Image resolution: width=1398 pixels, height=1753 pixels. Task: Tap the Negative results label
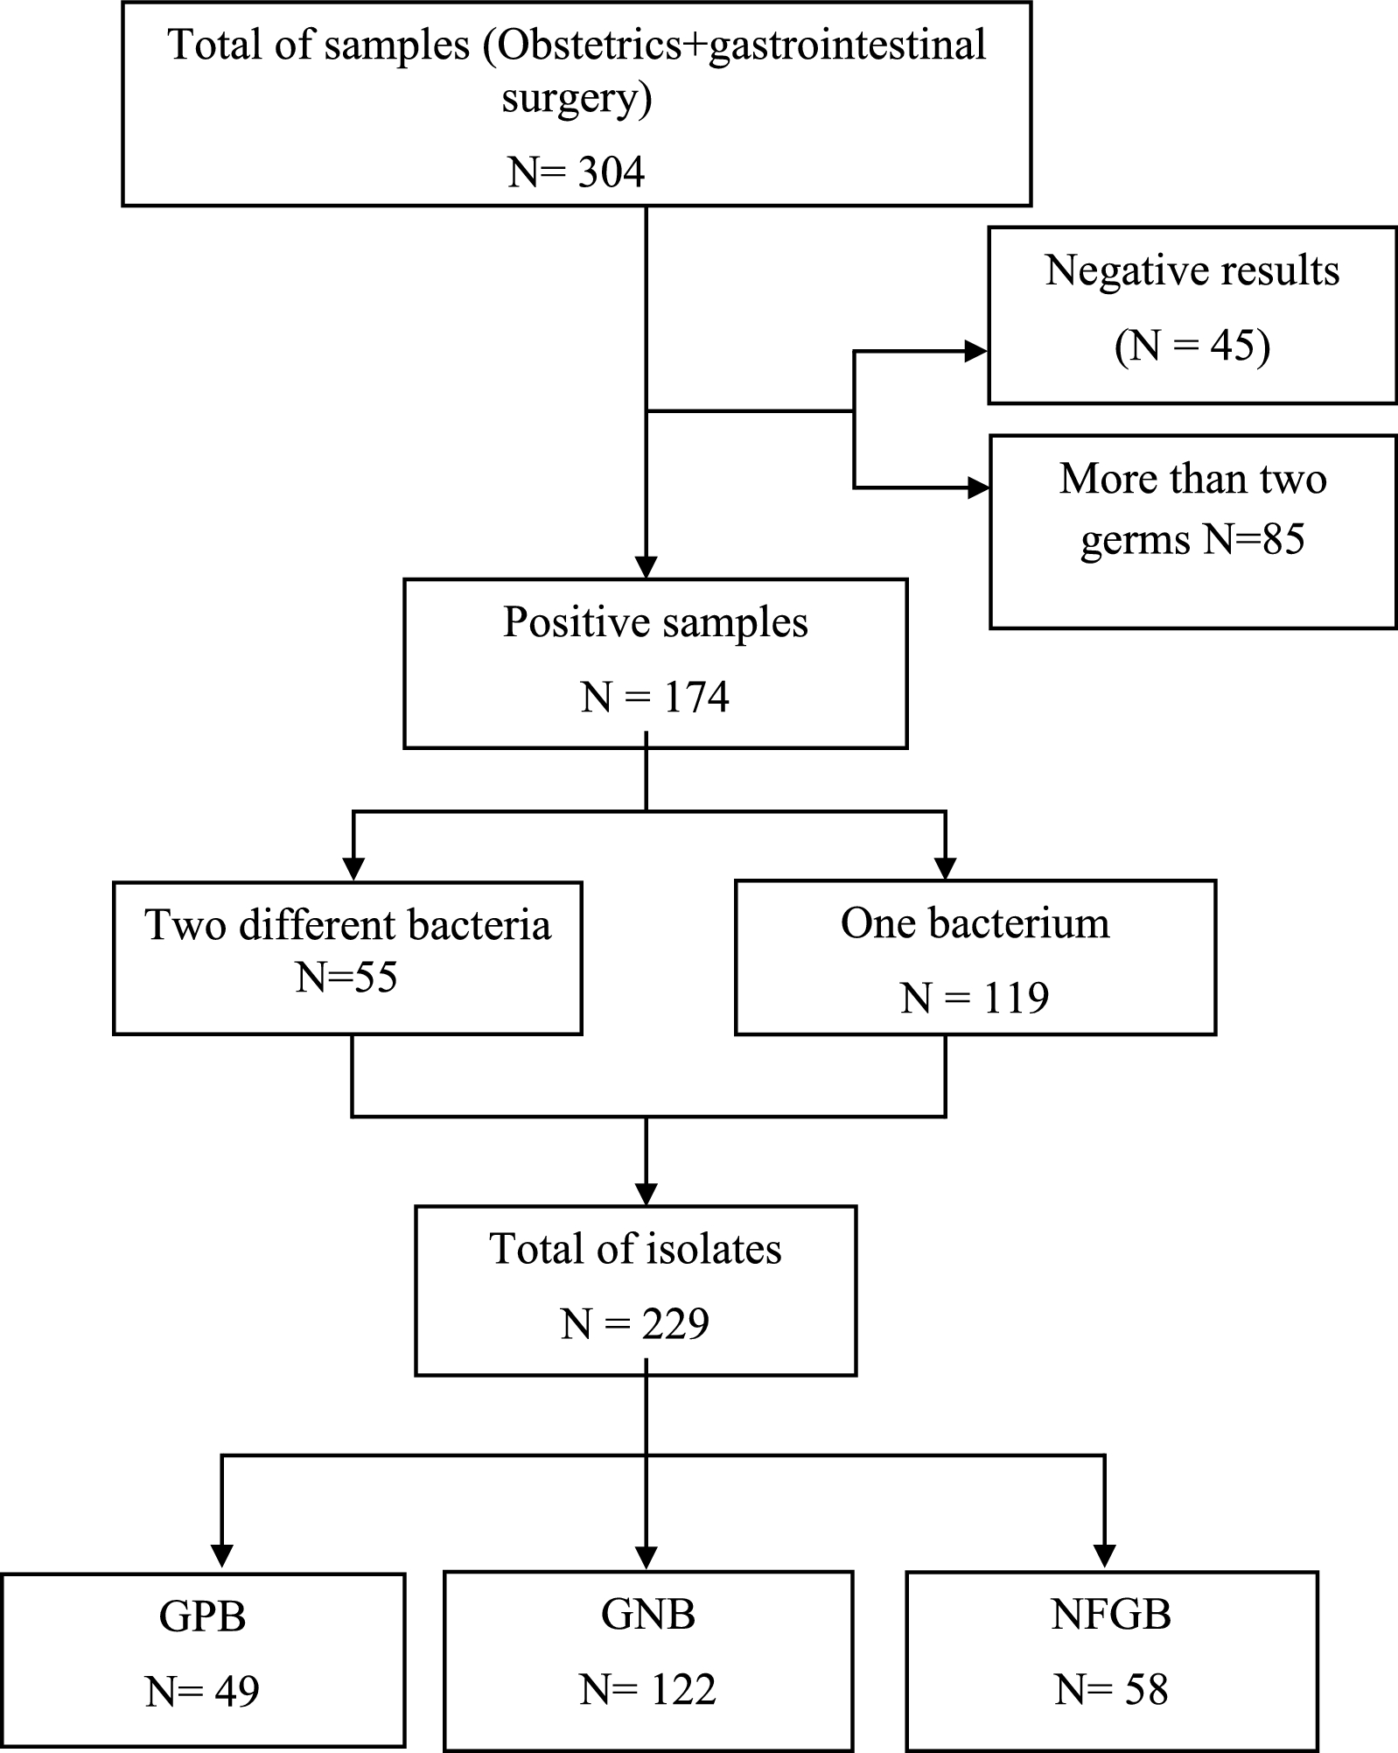[x=1192, y=270]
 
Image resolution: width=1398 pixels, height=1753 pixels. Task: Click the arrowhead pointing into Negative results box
[x=975, y=352]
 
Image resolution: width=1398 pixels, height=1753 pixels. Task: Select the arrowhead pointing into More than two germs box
[x=978, y=487]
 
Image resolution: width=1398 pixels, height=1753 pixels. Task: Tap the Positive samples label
[x=655, y=622]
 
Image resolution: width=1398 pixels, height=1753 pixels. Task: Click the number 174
[x=696, y=698]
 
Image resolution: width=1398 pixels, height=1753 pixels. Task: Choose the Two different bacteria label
[x=347, y=925]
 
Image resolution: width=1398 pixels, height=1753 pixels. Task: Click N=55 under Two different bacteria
[x=346, y=977]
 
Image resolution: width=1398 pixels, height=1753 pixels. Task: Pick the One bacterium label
[x=975, y=923]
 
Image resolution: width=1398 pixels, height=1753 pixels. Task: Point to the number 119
[x=1015, y=998]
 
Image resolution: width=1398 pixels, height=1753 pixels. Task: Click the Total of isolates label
[x=635, y=1249]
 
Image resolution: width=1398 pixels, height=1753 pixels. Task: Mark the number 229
[x=675, y=1324]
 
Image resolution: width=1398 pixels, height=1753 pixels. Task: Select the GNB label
[x=647, y=1614]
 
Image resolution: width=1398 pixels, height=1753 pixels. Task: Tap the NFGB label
[x=1111, y=1614]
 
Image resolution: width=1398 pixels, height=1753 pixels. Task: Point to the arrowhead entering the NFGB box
[x=1105, y=1555]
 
